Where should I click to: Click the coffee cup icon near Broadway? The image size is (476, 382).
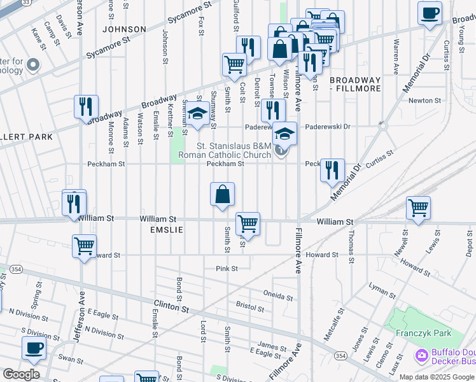[x=430, y=13]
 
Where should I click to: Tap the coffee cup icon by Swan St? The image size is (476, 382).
[x=34, y=348]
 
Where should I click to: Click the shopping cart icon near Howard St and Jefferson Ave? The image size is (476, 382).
[x=84, y=246]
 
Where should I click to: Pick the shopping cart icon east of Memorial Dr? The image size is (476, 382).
[x=418, y=208]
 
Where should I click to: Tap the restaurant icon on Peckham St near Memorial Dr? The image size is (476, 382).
[x=332, y=171]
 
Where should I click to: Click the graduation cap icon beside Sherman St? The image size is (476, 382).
[x=198, y=113]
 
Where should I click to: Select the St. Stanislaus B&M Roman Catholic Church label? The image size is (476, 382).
[x=234, y=150]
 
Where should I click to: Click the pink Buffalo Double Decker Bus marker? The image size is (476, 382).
[x=421, y=355]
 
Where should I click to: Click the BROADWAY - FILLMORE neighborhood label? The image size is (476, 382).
[x=355, y=85]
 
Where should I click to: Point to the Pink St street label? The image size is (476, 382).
[x=226, y=269]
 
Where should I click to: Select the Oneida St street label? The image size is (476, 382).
[x=277, y=296]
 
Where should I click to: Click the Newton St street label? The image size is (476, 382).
[x=424, y=101]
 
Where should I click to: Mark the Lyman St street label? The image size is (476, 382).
[x=382, y=293]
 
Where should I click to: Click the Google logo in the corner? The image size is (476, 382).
[x=21, y=374]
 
